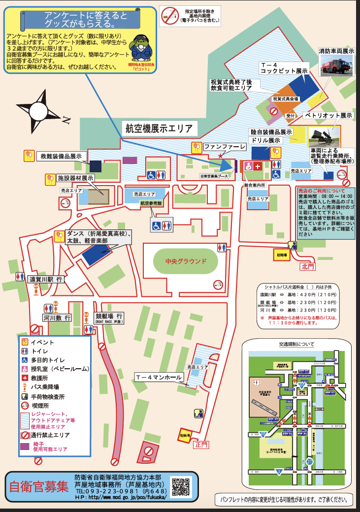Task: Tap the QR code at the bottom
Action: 180,486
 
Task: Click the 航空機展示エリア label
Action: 159,129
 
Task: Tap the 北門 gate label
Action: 307,266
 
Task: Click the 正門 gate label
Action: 201,445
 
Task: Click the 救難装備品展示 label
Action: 61,156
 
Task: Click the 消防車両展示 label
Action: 336,50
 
